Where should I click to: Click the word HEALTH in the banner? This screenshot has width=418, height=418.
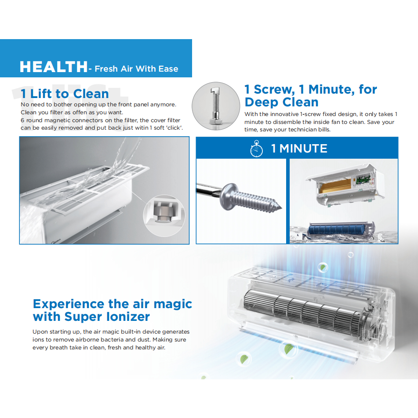53,67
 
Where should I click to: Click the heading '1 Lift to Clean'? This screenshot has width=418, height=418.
65,94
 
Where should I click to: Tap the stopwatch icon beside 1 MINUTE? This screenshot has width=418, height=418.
256,149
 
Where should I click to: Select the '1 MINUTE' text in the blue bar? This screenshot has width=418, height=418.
299,149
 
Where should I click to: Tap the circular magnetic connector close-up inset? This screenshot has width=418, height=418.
164,215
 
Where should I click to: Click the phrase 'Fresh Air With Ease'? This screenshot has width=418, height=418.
136,69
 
